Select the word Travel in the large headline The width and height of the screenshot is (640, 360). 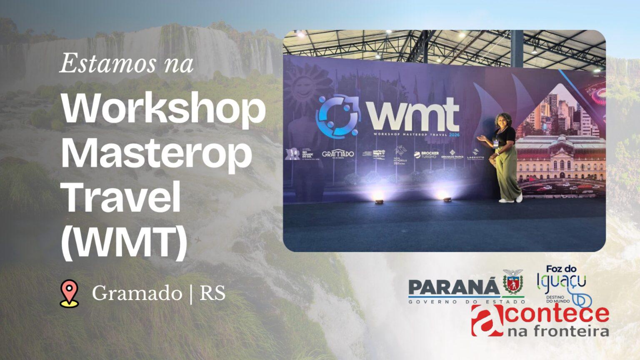(121, 197)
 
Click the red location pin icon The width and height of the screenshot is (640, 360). (69, 293)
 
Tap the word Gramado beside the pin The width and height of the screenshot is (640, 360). (137, 293)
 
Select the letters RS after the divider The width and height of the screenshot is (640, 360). (212, 293)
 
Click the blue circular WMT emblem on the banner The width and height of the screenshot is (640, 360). (337, 117)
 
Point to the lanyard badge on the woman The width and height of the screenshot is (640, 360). (496, 142)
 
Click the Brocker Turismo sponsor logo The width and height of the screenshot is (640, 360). (426, 155)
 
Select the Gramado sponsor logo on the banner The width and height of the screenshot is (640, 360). (337, 154)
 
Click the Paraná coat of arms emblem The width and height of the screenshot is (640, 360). (513, 281)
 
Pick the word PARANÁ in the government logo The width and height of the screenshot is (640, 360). (453, 287)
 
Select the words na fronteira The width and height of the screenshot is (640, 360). (558, 331)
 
